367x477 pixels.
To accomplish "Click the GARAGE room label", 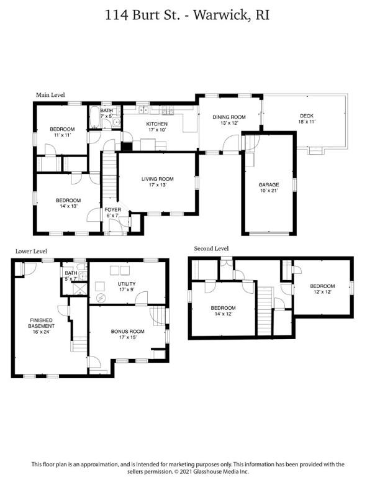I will click(x=269, y=184).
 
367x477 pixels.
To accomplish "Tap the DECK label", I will click(x=306, y=116).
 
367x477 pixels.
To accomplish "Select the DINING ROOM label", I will click(x=229, y=117).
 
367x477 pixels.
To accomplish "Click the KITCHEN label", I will click(x=156, y=124).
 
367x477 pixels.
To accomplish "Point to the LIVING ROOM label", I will click(x=156, y=179).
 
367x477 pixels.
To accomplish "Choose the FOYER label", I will click(x=112, y=210).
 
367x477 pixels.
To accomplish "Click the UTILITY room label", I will click(x=126, y=284).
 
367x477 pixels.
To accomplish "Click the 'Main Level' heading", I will click(x=50, y=95).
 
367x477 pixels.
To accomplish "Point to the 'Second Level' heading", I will click(x=211, y=248).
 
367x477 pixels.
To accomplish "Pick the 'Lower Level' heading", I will click(x=31, y=252).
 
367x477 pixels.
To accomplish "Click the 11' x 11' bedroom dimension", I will click(x=62, y=135).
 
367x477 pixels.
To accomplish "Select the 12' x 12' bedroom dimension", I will click(x=322, y=292).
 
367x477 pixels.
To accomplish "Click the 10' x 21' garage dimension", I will click(x=269, y=191).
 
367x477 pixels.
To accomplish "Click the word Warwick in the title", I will click(x=215, y=16).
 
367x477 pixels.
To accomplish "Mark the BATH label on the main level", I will click(x=106, y=110).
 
